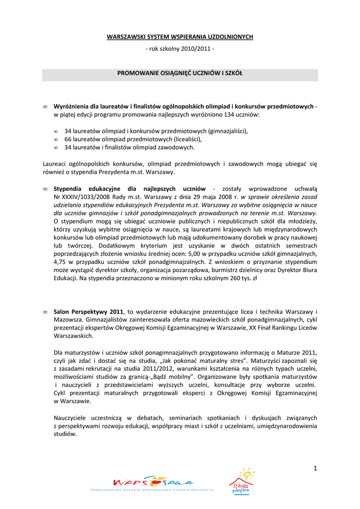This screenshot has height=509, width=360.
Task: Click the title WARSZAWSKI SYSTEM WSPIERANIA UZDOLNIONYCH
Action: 180,37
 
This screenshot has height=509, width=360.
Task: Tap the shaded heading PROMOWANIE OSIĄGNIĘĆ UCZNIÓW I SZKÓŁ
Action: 180,74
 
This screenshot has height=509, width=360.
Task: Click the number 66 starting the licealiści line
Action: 68,140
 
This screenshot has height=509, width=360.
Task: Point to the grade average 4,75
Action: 60,261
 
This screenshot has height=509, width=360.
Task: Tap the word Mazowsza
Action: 68,320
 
